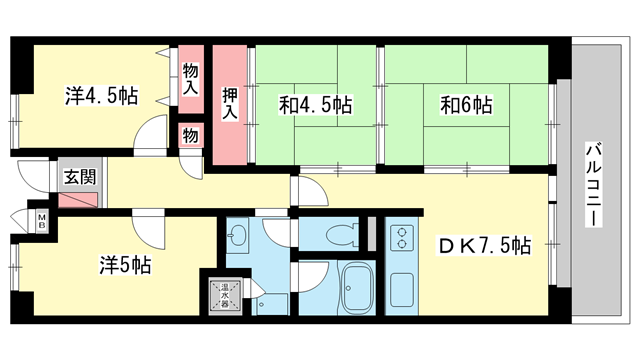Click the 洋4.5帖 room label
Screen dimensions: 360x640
101,96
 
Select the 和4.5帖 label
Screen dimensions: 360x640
315,102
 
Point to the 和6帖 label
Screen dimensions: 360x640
465,102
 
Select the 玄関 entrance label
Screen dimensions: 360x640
80,177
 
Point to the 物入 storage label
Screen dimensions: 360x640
190,79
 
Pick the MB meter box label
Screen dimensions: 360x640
42,220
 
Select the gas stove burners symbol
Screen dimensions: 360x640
402,239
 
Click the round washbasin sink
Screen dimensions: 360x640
240,236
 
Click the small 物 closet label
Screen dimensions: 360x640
190,134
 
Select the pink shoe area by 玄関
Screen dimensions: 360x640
79,196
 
